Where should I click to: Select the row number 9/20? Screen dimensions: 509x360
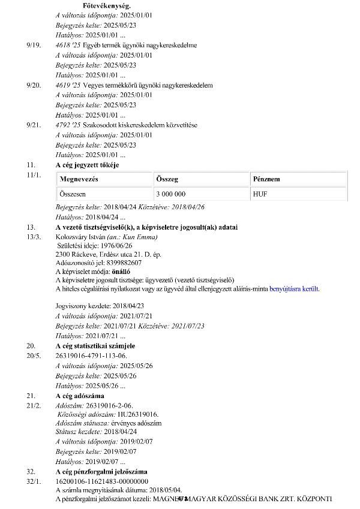(x=34, y=85)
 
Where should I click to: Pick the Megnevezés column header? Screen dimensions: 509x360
(x=79, y=179)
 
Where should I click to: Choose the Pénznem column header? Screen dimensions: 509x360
(x=266, y=179)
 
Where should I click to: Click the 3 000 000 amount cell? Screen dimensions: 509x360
(x=170, y=194)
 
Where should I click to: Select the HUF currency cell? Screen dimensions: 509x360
(x=260, y=194)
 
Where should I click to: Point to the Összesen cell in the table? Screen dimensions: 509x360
(x=74, y=194)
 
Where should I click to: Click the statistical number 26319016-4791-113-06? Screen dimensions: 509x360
(x=91, y=355)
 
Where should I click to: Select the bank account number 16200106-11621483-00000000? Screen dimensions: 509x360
(x=102, y=481)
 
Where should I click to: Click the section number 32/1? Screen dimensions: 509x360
(x=34, y=481)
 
